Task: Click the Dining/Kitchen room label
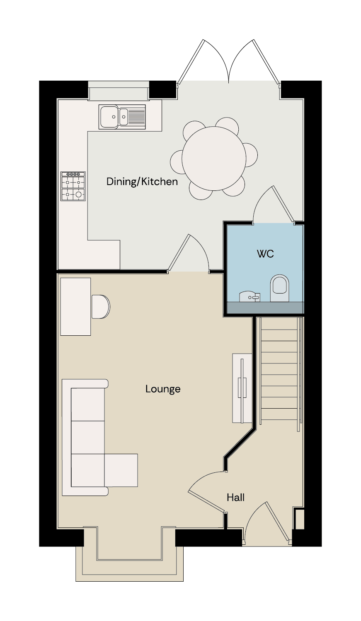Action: tap(142, 182)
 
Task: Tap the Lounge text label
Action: tap(163, 389)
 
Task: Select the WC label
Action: tap(265, 254)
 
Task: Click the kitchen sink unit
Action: tap(122, 117)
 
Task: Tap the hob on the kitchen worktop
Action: tap(73, 186)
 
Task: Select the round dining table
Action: tap(214, 159)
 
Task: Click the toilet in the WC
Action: tap(279, 288)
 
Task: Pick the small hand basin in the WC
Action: tap(250, 296)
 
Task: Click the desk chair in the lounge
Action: tap(101, 307)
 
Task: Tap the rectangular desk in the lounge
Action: tap(75, 307)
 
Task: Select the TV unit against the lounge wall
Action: tap(242, 388)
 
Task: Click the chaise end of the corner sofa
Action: tap(121, 470)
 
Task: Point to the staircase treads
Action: tap(280, 371)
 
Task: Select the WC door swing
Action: tap(273, 205)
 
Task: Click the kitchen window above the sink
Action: tap(119, 90)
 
